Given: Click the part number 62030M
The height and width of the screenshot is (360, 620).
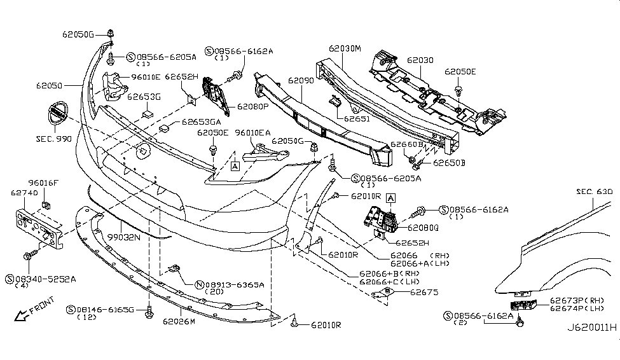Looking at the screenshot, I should click(x=345, y=48).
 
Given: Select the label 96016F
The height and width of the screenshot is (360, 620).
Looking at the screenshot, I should click(x=44, y=182).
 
